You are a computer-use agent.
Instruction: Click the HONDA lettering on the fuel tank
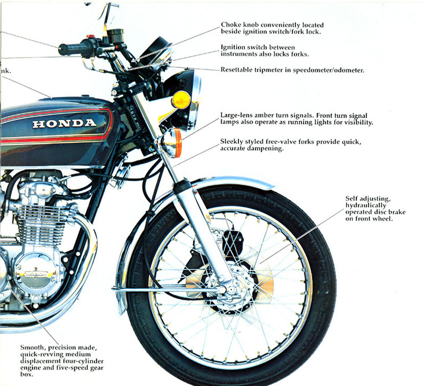[x=65, y=123]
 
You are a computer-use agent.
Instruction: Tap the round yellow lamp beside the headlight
[x=181, y=99]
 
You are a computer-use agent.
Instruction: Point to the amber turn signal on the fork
[x=173, y=142]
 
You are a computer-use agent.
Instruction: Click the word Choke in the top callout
[x=233, y=25]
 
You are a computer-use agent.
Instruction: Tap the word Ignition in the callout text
[x=236, y=47]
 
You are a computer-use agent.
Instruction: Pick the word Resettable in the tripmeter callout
[x=241, y=69]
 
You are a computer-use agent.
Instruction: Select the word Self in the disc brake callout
[x=353, y=198]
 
